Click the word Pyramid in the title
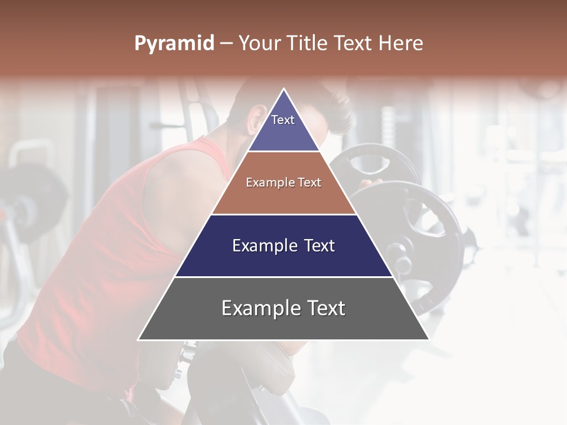(x=174, y=44)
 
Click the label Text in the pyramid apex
(x=283, y=120)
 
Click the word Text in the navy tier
(x=318, y=246)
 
